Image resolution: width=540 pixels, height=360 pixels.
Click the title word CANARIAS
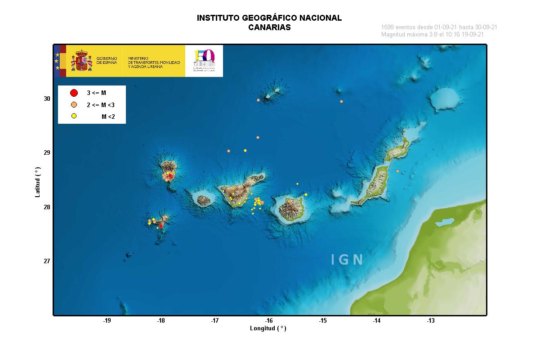pos(269,27)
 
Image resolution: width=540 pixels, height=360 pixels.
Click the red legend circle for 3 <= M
pos(74,93)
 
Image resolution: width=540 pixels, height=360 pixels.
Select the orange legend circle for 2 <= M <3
pos(74,105)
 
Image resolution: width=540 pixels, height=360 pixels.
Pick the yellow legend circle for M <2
pos(74,117)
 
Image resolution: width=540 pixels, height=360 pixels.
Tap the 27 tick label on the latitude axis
pos(47,261)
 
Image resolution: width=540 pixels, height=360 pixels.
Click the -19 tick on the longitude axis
pos(107,321)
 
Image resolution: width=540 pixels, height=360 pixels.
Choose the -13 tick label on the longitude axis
pos(431,321)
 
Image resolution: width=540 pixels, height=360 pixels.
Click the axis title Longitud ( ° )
pos(268,328)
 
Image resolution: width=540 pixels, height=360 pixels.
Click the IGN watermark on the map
pos(347,260)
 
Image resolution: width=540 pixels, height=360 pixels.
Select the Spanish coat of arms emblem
pos(81,61)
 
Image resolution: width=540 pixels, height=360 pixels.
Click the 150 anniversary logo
pos(204,60)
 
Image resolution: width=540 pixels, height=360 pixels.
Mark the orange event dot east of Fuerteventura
pos(397,171)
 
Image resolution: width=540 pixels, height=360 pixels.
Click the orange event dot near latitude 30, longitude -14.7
pos(342,101)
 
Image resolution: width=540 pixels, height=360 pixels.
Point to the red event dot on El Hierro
pos(161,226)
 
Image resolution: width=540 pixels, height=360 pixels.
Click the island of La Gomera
pos(204,199)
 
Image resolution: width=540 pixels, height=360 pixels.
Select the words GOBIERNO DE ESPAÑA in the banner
pos(107,61)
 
